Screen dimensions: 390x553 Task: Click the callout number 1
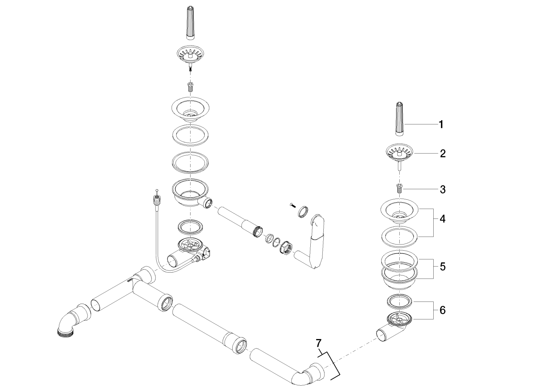click(x=441, y=125)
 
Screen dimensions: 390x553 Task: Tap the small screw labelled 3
click(x=400, y=188)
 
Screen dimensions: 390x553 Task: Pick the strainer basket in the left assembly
click(x=190, y=55)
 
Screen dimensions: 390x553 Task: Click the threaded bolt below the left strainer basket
click(x=190, y=87)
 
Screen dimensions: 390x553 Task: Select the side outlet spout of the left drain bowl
click(x=208, y=203)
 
